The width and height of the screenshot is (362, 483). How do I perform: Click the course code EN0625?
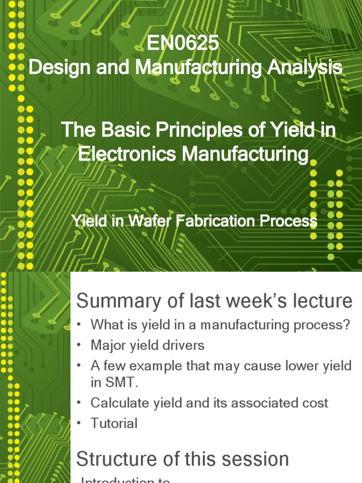tap(182, 44)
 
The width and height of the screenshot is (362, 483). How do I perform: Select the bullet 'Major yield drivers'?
tap(148, 345)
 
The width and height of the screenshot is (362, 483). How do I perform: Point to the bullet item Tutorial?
tap(114, 423)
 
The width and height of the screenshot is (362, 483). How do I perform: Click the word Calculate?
tap(118, 403)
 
